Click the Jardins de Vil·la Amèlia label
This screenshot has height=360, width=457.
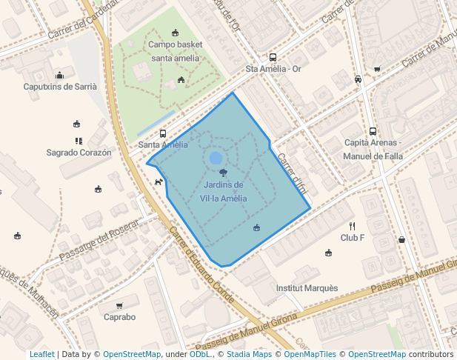point(223,191)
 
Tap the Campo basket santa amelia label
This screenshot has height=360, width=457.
point(175,51)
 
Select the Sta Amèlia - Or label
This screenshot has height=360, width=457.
point(273,70)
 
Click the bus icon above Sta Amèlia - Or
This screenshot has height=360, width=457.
point(273,57)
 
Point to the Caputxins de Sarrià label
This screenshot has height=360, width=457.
point(60,87)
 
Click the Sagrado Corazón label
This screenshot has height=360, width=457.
point(79,153)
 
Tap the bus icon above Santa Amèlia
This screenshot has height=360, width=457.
point(163,134)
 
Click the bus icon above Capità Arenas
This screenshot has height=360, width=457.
point(373,131)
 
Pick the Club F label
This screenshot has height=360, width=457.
point(353,238)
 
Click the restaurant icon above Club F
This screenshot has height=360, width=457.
point(353,226)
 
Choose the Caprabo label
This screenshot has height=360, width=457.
point(119,317)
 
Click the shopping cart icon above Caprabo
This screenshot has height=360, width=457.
point(119,305)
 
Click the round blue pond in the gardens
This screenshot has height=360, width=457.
point(216,158)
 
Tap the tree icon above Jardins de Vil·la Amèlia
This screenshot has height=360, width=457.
point(223,173)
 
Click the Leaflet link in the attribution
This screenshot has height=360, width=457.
point(41,354)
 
